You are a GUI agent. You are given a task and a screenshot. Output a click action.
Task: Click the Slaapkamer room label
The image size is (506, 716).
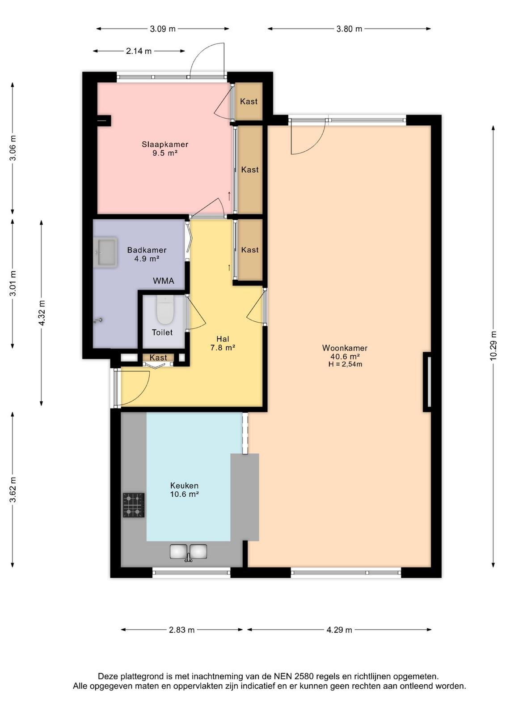(x=165, y=144)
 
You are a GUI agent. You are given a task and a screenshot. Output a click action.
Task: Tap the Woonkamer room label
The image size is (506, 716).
(x=345, y=348)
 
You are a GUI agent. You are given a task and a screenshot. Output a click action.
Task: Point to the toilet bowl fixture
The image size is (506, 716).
(x=165, y=309)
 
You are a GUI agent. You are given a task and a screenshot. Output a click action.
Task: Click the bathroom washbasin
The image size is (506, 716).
(x=105, y=252)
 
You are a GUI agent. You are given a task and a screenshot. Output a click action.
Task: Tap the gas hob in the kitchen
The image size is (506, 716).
(x=134, y=505)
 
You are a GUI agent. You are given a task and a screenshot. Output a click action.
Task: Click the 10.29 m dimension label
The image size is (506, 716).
(x=493, y=346)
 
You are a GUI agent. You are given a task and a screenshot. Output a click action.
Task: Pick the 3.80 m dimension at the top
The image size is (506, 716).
(x=349, y=29)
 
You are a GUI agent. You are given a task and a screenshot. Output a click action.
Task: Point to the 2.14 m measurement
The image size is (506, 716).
(x=139, y=51)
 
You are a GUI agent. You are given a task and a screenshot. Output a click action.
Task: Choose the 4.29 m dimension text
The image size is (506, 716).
(x=339, y=630)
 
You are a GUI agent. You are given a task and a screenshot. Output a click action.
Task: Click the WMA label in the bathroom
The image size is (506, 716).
(x=164, y=281)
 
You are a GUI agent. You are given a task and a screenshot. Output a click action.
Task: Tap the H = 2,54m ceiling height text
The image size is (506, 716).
(x=345, y=364)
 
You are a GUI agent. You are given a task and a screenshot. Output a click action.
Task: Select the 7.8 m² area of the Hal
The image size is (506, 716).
(x=223, y=347)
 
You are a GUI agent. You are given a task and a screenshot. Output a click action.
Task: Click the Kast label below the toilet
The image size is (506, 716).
(x=158, y=358)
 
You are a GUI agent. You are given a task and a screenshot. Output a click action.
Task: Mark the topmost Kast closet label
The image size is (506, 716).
(x=249, y=101)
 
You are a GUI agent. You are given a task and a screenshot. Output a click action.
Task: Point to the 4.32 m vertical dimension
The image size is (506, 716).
(x=42, y=313)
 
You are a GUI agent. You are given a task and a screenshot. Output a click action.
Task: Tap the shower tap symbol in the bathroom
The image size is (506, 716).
(x=98, y=320)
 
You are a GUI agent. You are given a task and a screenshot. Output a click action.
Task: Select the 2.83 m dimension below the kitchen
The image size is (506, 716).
(x=181, y=630)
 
